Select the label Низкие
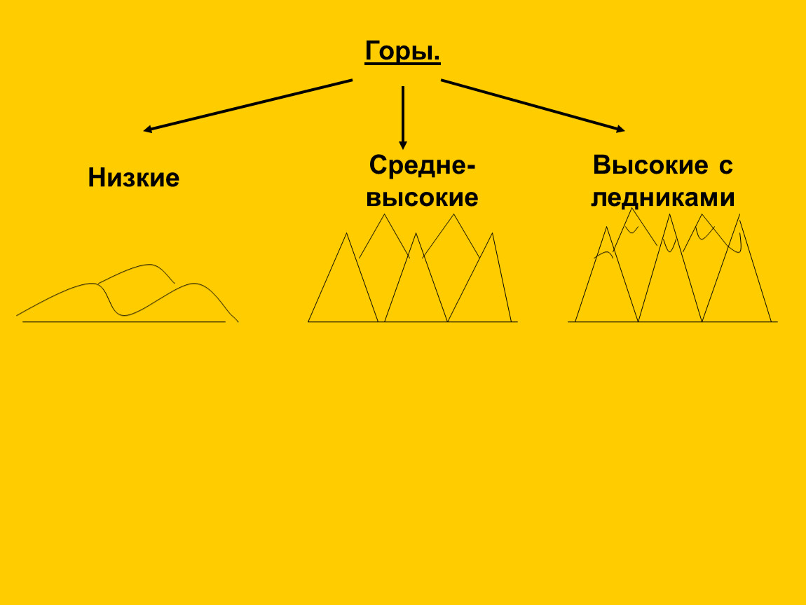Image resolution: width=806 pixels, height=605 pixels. pos(134,178)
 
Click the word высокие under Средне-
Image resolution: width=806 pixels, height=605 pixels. pos(422,197)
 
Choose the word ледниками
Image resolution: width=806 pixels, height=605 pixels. pos(662,197)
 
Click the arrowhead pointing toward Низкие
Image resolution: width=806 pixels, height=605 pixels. pos(147,129)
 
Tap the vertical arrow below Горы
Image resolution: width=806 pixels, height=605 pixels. pos(403,118)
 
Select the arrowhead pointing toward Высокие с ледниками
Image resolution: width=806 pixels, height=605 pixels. pos(620,129)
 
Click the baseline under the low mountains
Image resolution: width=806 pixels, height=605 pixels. pos(124,322)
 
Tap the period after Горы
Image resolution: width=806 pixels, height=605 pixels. pos(437,59)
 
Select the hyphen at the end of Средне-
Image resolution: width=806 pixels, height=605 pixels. pos(470,167)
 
